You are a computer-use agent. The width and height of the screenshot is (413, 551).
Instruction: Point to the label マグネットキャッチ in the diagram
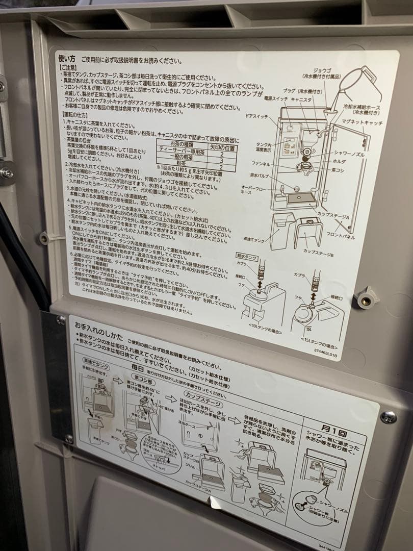pyautogui.click(x=363, y=123)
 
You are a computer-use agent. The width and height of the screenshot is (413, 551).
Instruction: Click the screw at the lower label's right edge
pyautogui.click(x=388, y=417)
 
